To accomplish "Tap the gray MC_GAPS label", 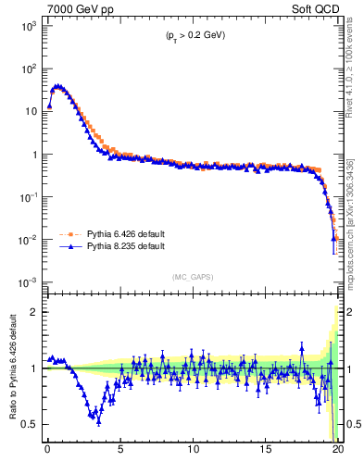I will pos(193,276).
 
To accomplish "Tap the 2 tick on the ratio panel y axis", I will pos(33,312).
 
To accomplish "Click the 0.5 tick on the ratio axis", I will pos(30,424).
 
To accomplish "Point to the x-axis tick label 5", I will pos(120,453).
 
